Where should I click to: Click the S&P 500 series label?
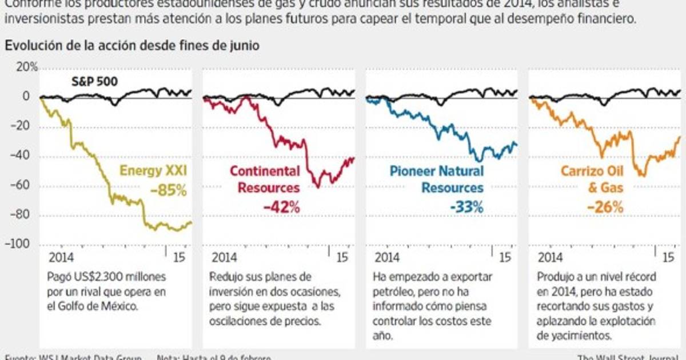pyautogui.click(x=94, y=81)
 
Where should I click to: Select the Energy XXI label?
pyautogui.click(x=153, y=170)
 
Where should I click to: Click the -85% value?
pyautogui.click(x=169, y=190)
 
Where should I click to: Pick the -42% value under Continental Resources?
pyautogui.click(x=281, y=207)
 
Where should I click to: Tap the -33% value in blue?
pyautogui.click(x=466, y=207)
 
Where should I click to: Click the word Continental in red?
pyautogui.click(x=264, y=170)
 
